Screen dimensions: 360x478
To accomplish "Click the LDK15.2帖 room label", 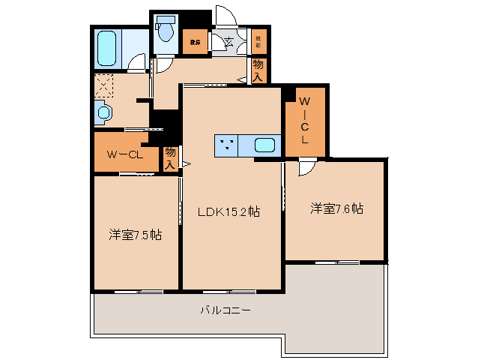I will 229,212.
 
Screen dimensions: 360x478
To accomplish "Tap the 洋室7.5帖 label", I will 136,235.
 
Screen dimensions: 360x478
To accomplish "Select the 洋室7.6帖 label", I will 337,209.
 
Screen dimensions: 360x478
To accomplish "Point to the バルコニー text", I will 225,309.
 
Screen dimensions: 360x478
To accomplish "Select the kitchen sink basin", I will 264,146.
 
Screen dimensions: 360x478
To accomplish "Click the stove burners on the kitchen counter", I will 227,146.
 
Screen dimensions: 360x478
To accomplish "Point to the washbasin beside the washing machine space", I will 103,113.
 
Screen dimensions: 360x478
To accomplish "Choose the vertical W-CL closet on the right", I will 306,120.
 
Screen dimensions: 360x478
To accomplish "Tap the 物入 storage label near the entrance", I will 258,70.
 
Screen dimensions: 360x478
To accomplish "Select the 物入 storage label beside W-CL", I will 171,157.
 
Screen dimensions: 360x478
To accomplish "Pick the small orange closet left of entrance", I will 194,43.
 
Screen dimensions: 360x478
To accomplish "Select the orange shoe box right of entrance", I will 258,43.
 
